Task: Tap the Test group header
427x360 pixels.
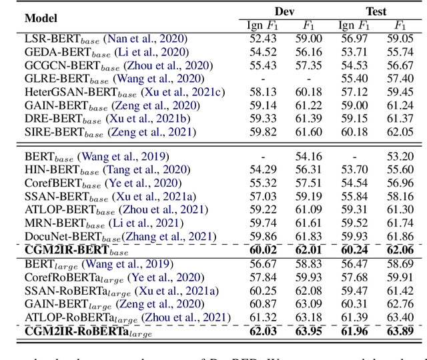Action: point(377,11)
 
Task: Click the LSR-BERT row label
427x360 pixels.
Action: point(106,39)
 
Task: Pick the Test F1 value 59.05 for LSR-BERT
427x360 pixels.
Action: point(400,39)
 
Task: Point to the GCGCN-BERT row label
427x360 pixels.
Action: point(119,65)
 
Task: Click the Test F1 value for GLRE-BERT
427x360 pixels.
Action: point(400,79)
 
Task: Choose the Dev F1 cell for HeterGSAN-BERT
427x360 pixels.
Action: point(309,92)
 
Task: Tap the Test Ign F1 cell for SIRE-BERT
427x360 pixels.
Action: point(354,132)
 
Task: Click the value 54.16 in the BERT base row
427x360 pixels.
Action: point(309,157)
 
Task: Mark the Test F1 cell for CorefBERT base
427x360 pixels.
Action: point(400,183)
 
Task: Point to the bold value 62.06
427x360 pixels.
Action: point(400,250)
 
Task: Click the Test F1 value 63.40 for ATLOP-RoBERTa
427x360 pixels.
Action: point(400,316)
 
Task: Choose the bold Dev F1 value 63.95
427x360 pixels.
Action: point(309,330)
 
